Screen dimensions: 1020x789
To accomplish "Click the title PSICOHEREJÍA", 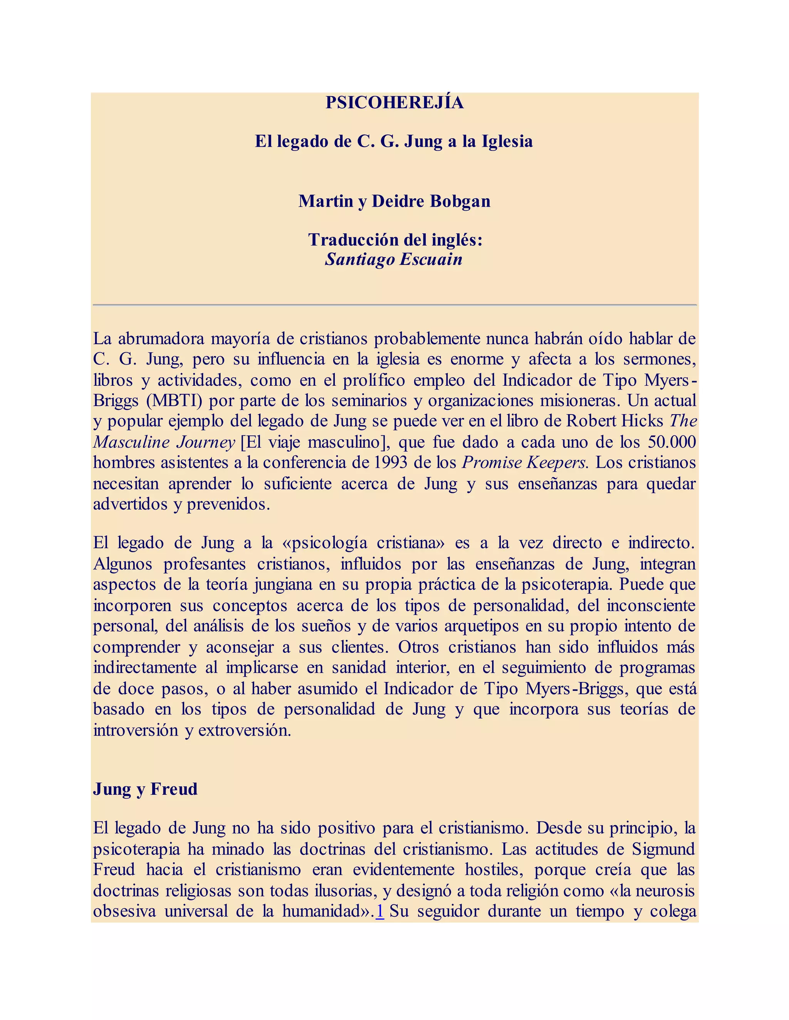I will pos(394,103).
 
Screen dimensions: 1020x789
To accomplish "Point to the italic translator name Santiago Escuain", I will pos(394,259).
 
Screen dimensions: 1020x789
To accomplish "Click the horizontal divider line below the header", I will pos(394,305).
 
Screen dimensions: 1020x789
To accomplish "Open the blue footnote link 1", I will pos(379,911).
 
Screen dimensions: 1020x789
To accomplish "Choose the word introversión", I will pos(136,730).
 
